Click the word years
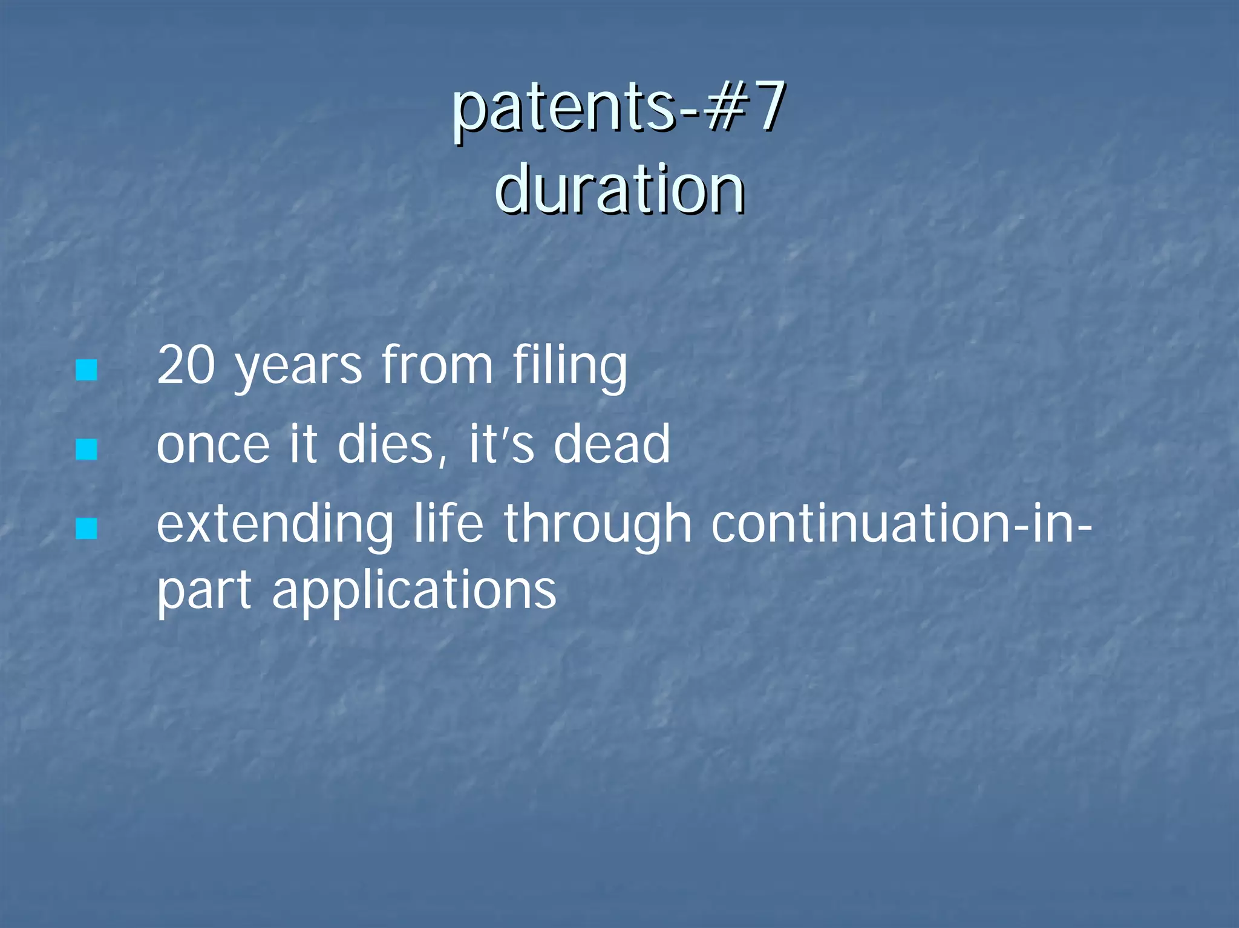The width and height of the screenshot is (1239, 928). [298, 367]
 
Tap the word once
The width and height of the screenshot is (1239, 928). [213, 446]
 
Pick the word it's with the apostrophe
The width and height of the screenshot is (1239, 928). [502, 445]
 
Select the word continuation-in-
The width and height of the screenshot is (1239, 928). [901, 524]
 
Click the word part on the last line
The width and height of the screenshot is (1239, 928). [204, 592]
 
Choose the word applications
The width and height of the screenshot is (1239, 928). [414, 592]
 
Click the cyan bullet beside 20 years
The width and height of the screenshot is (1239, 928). [87, 370]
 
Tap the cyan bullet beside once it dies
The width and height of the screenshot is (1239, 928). [87, 449]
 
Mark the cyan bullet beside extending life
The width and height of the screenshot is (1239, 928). [87, 528]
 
